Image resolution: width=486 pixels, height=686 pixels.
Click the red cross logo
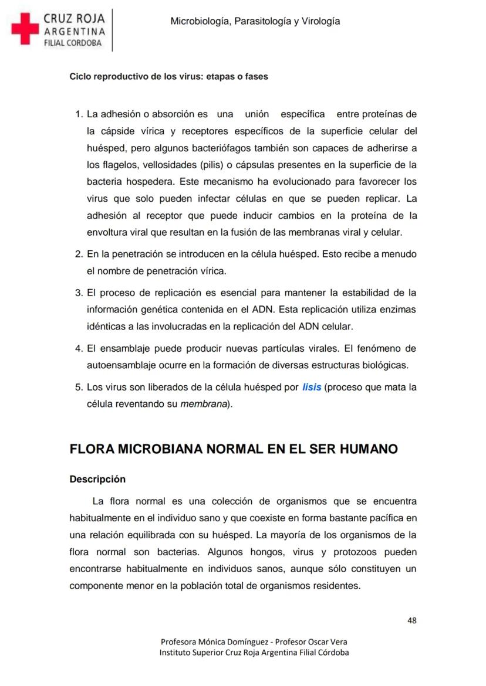[25, 29]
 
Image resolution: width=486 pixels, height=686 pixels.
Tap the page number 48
[411, 620]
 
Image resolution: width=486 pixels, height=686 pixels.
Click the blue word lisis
[312, 388]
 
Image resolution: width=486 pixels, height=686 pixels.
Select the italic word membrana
[204, 405]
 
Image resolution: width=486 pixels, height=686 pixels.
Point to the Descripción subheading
[97, 479]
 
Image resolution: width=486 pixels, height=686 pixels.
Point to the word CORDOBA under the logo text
[84, 43]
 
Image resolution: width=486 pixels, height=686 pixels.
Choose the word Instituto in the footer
[177, 652]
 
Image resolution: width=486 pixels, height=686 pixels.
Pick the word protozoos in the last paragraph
[353, 552]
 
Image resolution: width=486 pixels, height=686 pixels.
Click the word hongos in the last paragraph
[269, 552]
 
